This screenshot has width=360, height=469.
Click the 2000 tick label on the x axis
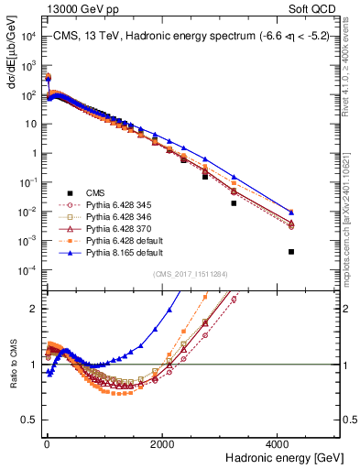[x=162, y=443]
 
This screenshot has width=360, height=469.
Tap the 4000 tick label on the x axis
[x=278, y=443]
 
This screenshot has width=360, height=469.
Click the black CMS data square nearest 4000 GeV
[x=291, y=251]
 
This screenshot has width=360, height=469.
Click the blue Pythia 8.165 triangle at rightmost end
[x=291, y=212]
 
